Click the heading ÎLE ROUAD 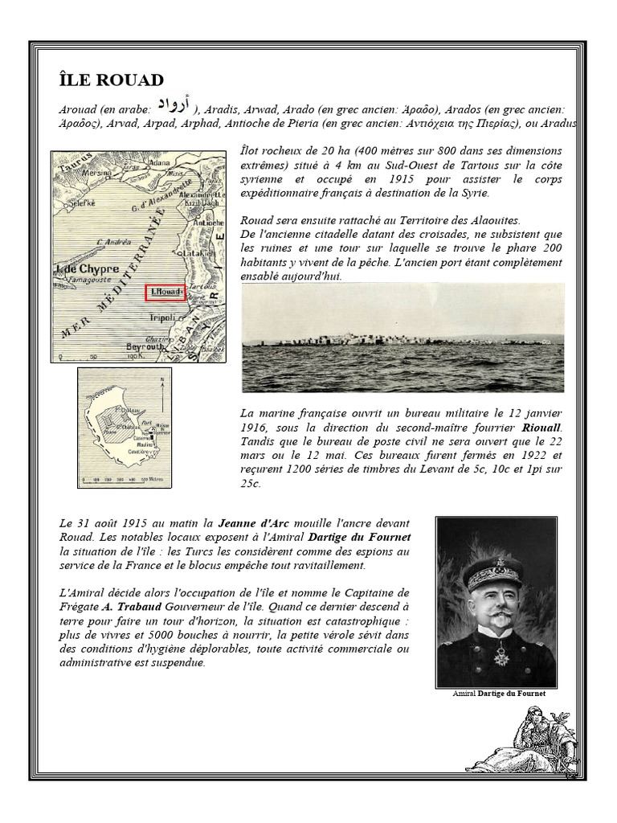click(x=112, y=80)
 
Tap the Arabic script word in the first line click(x=174, y=104)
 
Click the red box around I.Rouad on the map click(x=165, y=293)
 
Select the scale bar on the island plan click(x=121, y=477)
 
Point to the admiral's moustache click(x=493, y=617)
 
